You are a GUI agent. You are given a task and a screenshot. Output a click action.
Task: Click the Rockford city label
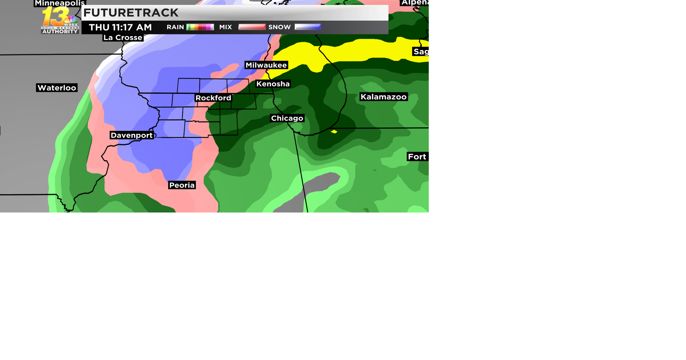click(x=213, y=98)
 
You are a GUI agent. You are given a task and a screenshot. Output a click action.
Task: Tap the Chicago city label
click(x=287, y=118)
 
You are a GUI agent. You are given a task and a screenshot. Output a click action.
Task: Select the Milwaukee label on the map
click(x=266, y=65)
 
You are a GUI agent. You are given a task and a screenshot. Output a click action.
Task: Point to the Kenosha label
click(x=273, y=84)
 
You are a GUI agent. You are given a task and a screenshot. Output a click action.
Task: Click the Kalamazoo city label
click(x=383, y=97)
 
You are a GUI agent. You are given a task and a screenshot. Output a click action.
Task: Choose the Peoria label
click(x=182, y=185)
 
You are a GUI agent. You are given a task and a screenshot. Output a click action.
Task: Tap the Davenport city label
click(x=132, y=135)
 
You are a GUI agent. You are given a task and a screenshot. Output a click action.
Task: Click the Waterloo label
click(x=57, y=88)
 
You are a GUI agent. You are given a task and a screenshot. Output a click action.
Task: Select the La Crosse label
click(x=123, y=37)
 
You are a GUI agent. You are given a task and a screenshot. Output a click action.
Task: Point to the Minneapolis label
click(x=60, y=3)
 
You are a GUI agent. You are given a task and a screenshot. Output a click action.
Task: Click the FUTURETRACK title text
click(x=131, y=13)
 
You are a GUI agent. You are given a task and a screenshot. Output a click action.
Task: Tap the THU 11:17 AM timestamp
click(x=120, y=27)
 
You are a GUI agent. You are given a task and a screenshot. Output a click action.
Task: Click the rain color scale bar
click(x=200, y=27)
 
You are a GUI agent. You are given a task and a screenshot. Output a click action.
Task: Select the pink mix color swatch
click(x=252, y=27)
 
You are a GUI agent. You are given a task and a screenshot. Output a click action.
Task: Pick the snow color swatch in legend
click(x=308, y=27)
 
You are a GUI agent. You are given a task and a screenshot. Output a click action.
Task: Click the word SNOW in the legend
click(x=279, y=27)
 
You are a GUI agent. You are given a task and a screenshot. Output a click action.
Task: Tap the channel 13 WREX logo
click(x=60, y=21)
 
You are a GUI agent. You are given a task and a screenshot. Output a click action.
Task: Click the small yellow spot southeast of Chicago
click(x=334, y=132)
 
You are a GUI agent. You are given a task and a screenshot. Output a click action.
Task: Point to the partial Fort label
click(x=417, y=157)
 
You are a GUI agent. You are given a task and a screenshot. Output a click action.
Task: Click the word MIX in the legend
click(x=225, y=27)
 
